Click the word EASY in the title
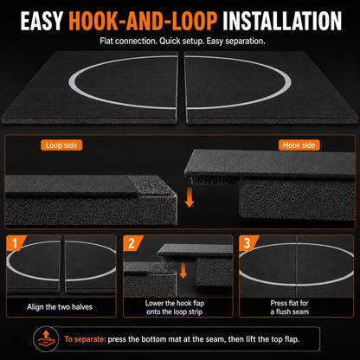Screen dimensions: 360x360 (x=42, y=21)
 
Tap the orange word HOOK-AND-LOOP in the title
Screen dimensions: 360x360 (x=143, y=21)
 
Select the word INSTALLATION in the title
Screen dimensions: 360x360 (x=282, y=21)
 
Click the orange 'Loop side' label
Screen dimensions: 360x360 (x=61, y=145)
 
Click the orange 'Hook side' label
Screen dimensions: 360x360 (x=299, y=145)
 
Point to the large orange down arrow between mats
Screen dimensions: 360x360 (x=189, y=197)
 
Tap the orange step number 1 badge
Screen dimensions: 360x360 (x=16, y=243)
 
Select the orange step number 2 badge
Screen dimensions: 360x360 (x=132, y=243)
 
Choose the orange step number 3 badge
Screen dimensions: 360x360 (x=248, y=243)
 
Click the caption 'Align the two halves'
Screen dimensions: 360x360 (x=60, y=307)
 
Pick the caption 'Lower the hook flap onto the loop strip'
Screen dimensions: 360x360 (x=175, y=307)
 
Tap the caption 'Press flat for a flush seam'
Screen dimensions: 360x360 (x=290, y=307)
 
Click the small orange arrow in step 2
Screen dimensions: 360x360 (x=183, y=271)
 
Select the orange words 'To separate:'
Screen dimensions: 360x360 (x=85, y=339)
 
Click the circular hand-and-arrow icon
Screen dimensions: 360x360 (x=44, y=339)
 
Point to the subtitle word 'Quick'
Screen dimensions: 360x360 (x=170, y=41)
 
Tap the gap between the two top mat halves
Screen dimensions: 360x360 (x=181, y=87)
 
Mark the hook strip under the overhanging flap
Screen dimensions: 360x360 (x=213, y=181)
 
